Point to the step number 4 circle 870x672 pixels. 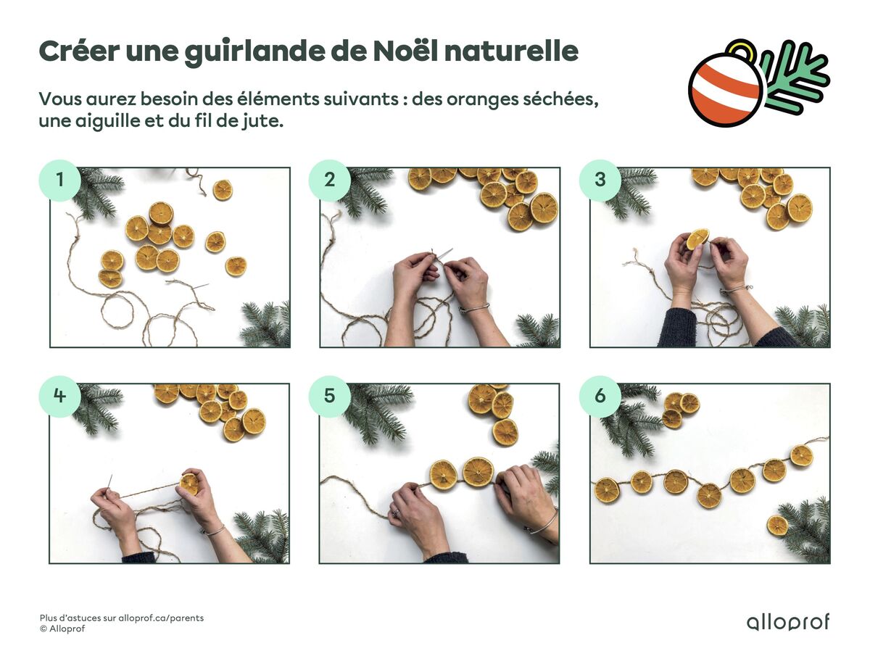pyautogui.click(x=59, y=397)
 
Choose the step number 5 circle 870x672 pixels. pyautogui.click(x=329, y=397)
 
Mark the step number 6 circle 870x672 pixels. pyautogui.click(x=600, y=397)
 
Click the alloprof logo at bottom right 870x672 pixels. pyautogui.click(x=787, y=622)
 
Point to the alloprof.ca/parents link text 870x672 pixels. pyautogui.click(x=160, y=618)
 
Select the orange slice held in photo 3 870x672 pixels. pyautogui.click(x=697, y=238)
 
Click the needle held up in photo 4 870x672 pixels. pyautogui.click(x=109, y=483)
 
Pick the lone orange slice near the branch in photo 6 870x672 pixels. pyautogui.click(x=777, y=525)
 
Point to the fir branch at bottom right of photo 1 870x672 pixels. pyautogui.click(x=267, y=325)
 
